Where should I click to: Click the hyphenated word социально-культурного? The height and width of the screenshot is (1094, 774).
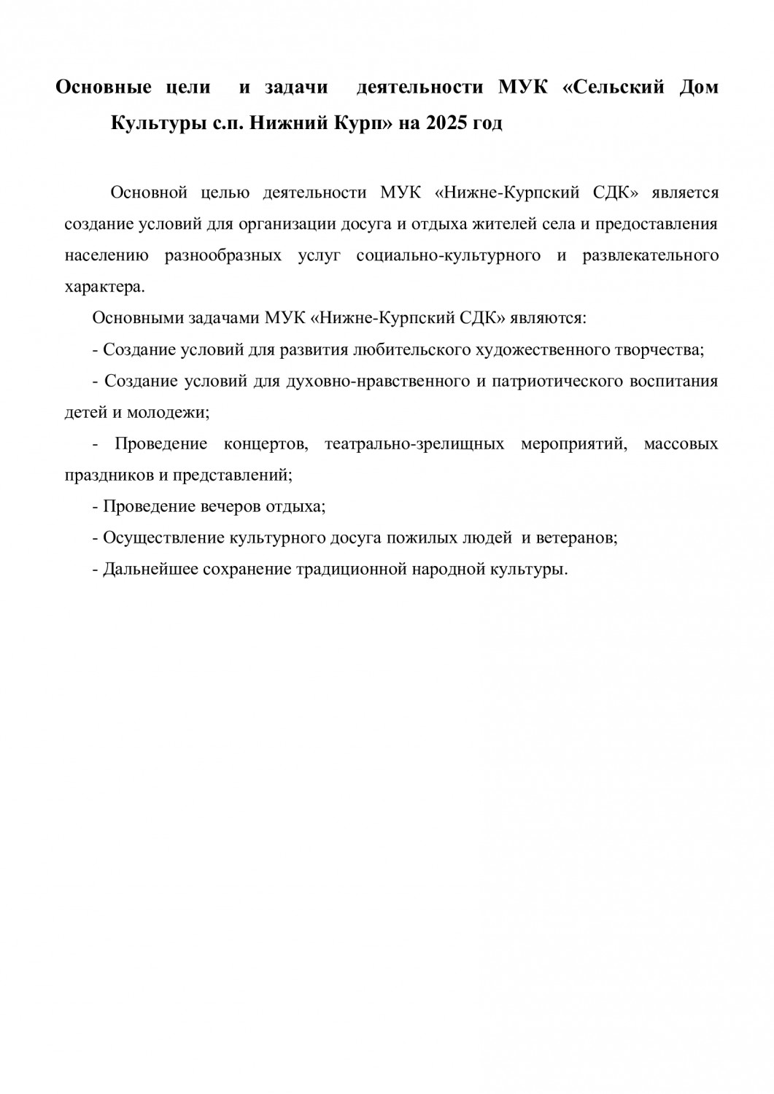click(449, 255)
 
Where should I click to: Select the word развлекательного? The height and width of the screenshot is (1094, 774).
click(651, 255)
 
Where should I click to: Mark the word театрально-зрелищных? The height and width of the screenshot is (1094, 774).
click(414, 444)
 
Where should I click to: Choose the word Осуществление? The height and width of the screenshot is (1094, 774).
click(164, 538)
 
